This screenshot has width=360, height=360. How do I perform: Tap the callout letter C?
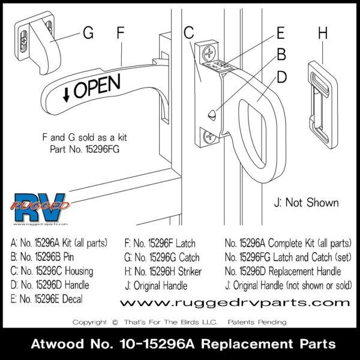188,34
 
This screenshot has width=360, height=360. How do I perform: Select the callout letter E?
280,34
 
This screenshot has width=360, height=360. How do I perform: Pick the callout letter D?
281,79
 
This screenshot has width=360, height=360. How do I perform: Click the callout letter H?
323,34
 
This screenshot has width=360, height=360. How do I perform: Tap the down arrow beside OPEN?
67,92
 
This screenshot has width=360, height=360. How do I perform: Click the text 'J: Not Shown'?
305,203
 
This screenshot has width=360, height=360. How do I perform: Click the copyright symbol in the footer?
115,322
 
